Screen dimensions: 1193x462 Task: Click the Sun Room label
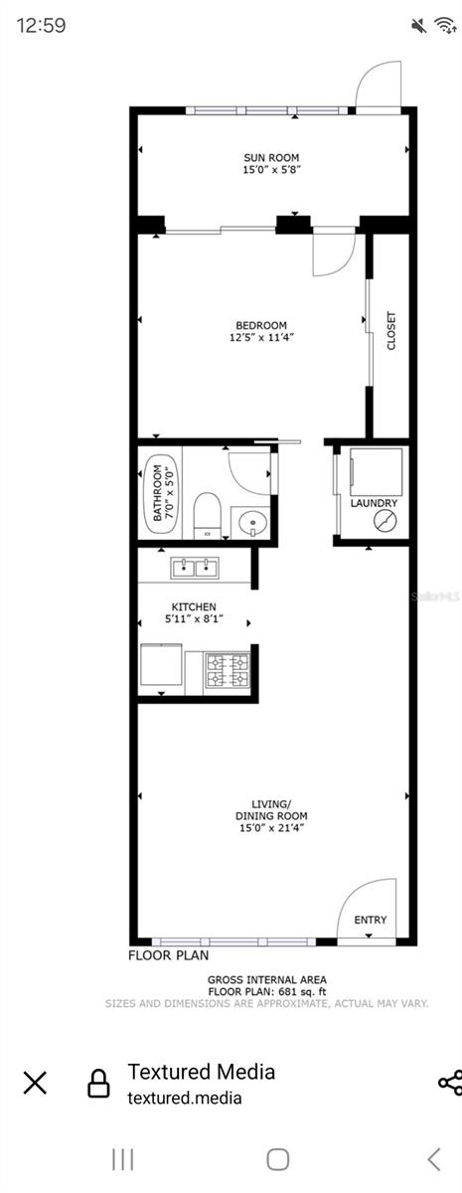click(271, 157)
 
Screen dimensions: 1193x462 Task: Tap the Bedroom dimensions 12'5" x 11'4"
click(261, 338)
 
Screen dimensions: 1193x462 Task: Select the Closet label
click(390, 331)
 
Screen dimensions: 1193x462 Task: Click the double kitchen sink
click(195, 569)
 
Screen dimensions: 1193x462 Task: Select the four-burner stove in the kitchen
click(227, 670)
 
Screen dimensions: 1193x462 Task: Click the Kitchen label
click(194, 606)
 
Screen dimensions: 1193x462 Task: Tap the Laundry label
click(374, 504)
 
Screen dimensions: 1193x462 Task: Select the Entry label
click(371, 920)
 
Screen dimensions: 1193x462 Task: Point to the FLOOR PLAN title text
click(168, 955)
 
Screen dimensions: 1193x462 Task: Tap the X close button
click(35, 1083)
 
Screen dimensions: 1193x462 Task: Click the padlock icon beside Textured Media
click(98, 1083)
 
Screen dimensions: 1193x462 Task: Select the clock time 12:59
click(42, 26)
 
